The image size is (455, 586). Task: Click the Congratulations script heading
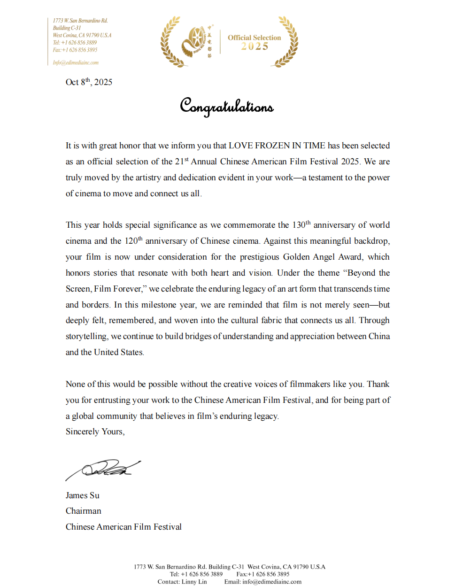point(227,106)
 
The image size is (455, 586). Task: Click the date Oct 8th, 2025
point(89,82)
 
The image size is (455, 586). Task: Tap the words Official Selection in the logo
point(254,38)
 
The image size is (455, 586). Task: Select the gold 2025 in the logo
point(254,46)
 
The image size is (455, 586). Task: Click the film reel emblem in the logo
point(193,42)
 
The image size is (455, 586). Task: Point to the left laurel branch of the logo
point(170,42)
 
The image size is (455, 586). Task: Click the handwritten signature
point(103,469)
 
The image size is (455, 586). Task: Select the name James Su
point(83,495)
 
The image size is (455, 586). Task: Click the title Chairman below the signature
point(83,511)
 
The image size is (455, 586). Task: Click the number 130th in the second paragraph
point(301,225)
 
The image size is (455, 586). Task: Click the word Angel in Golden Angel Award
point(324,257)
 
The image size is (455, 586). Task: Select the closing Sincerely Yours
point(95,432)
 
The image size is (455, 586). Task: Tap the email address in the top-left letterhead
point(76,62)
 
